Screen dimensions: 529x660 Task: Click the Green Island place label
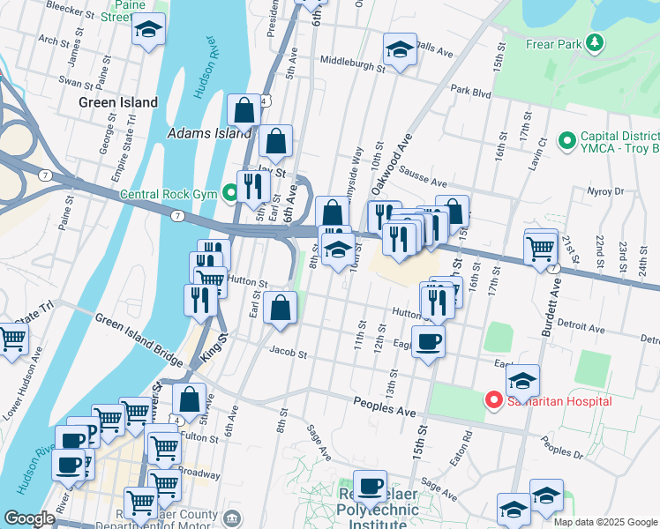point(118,102)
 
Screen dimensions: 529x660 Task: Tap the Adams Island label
point(210,134)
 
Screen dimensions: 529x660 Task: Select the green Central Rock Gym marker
point(231,191)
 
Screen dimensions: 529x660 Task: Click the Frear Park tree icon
point(595,42)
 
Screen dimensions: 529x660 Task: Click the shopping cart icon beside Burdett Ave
point(541,246)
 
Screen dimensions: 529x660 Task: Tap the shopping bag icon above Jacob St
point(280,309)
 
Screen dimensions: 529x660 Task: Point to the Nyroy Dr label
point(604,190)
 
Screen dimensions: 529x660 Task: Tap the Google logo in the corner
point(29,518)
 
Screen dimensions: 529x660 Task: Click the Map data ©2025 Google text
point(604,521)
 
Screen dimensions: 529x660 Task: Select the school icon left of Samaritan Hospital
point(522,381)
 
